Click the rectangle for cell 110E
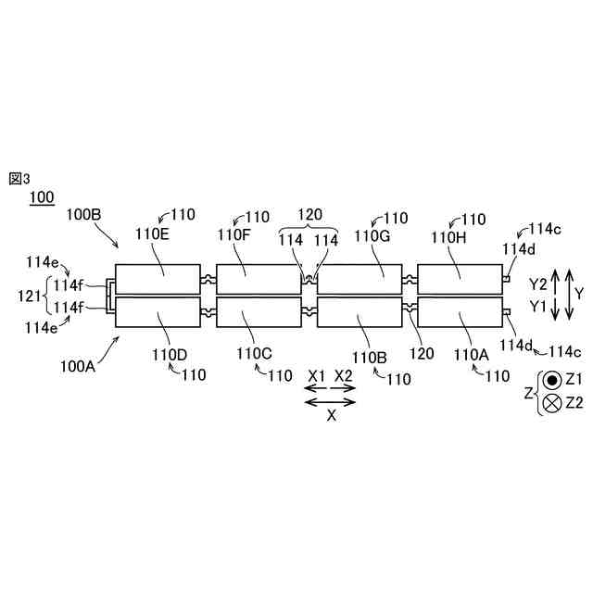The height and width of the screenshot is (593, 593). pyautogui.click(x=158, y=279)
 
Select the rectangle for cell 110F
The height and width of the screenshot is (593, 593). pyautogui.click(x=259, y=279)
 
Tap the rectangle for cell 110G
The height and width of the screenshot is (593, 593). pyautogui.click(x=360, y=279)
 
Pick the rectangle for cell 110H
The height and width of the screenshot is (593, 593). pyautogui.click(x=461, y=279)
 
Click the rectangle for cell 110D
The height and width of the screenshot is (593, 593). pyautogui.click(x=158, y=312)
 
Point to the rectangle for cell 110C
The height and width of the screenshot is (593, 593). pyautogui.click(x=259, y=312)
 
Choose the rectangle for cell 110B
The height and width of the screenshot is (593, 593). pyautogui.click(x=360, y=312)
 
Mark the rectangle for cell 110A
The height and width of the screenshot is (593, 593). pyautogui.click(x=461, y=312)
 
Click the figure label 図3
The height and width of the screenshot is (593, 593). pyautogui.click(x=19, y=178)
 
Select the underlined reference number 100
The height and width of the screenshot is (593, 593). pyautogui.click(x=42, y=196)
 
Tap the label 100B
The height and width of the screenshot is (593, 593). pyautogui.click(x=83, y=215)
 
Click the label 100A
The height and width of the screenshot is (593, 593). pyautogui.click(x=80, y=366)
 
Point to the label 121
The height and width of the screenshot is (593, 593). pyautogui.click(x=30, y=296)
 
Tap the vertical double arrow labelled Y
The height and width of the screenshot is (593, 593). pyautogui.click(x=555, y=296)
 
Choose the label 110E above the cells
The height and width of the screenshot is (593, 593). pyautogui.click(x=153, y=234)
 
